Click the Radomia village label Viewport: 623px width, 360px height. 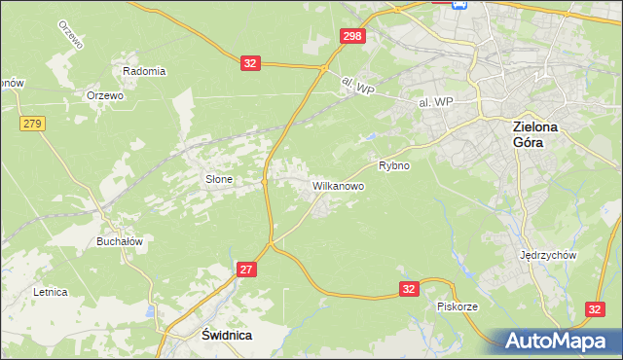tap(144, 71)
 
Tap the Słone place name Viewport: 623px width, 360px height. tap(218, 179)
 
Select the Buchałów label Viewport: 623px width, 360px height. tap(120, 241)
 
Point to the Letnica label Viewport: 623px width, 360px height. tap(50, 291)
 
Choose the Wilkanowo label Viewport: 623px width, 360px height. tap(338, 185)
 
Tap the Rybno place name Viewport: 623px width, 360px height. tap(394, 165)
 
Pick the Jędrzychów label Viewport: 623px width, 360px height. tap(550, 255)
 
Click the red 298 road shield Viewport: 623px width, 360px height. tap(353, 36)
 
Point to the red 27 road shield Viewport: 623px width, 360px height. tap(246, 269)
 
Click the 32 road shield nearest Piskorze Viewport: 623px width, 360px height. tap(410, 289)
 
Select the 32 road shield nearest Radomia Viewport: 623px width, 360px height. tap(250, 63)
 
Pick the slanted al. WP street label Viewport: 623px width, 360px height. tap(358, 87)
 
